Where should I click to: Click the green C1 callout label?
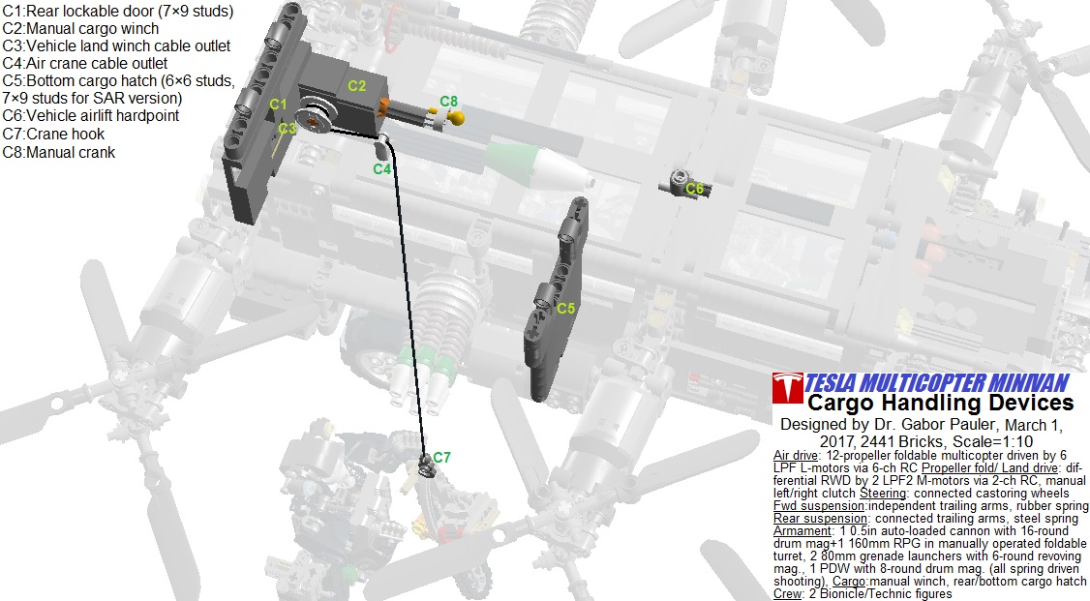click(x=278, y=105)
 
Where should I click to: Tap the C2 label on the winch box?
click(x=356, y=85)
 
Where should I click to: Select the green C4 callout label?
click(x=381, y=168)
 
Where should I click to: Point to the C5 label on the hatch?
click(x=566, y=308)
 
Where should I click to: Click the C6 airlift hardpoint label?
click(x=694, y=189)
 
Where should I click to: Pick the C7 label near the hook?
click(x=441, y=457)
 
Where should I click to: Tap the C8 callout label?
click(x=449, y=102)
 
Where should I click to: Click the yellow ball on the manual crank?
click(x=456, y=118)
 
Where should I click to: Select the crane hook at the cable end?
click(x=426, y=467)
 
